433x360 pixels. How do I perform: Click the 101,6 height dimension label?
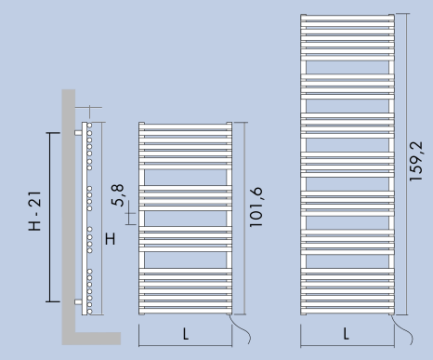click(256, 207)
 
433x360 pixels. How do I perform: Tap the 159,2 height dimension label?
click(415, 161)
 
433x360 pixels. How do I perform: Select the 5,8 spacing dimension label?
click(118, 195)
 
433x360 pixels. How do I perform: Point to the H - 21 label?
click(34, 211)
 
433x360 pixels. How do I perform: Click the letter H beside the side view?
click(111, 239)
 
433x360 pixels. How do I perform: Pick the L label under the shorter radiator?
click(186, 334)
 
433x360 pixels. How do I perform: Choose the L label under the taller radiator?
click(347, 334)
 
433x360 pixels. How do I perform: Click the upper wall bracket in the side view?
click(78, 133)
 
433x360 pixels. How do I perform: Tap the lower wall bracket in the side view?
click(78, 301)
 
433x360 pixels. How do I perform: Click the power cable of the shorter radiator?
click(242, 327)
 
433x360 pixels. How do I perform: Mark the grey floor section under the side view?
click(98, 339)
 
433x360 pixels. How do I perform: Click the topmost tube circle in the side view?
click(89, 126)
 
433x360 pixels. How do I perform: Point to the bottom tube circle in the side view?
click(89, 312)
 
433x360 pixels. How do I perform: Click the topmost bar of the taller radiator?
click(348, 18)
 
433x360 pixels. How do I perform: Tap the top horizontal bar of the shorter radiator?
click(186, 127)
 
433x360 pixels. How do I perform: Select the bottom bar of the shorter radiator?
click(186, 311)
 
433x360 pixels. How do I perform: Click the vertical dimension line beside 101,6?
click(244, 219)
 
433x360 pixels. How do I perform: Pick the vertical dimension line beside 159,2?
click(406, 165)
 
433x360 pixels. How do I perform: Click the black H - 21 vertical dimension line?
click(50, 217)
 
